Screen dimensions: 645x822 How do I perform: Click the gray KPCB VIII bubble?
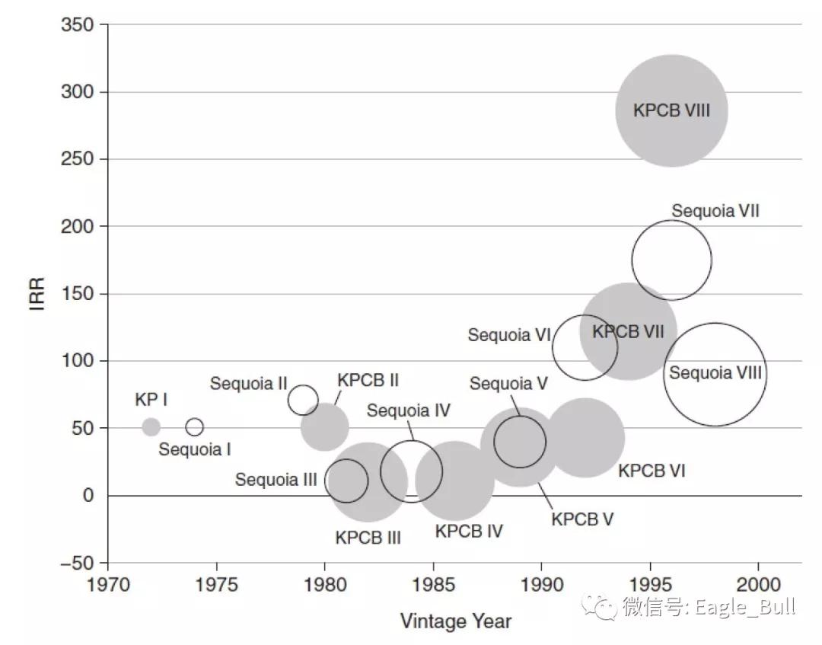click(671, 111)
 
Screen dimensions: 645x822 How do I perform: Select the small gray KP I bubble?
click(151, 426)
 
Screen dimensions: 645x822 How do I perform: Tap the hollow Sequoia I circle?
click(195, 426)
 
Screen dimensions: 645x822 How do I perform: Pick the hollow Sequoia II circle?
click(303, 399)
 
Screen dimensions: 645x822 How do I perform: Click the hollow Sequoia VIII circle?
click(715, 374)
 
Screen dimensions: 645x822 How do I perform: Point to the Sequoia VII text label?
click(715, 211)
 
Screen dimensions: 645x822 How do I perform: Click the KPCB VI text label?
click(652, 471)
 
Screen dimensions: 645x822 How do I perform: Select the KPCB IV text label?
click(469, 531)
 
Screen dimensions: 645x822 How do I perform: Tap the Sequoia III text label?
click(276, 480)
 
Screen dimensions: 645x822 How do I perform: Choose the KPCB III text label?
click(368, 538)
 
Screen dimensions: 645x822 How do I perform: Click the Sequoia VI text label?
click(508, 335)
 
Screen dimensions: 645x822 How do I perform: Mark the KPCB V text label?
click(582, 519)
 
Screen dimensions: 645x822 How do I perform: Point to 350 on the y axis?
click(77, 25)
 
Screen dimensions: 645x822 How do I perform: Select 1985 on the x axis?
click(433, 585)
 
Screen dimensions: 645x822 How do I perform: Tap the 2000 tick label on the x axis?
click(758, 585)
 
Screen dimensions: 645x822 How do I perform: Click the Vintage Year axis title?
click(456, 621)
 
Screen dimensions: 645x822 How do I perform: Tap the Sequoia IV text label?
click(409, 410)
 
